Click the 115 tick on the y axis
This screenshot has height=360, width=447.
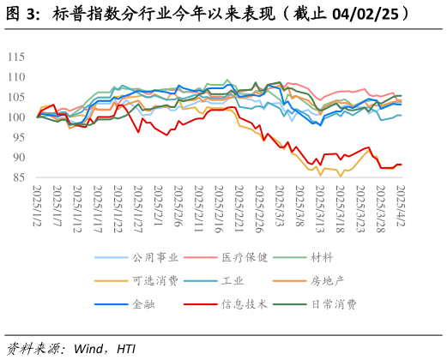click(x=15, y=57)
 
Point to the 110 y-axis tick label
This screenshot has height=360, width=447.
click(x=15, y=77)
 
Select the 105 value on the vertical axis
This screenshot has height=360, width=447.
click(x=15, y=97)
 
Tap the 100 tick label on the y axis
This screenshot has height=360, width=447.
click(x=15, y=117)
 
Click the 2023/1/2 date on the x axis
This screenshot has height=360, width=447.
click(x=37, y=203)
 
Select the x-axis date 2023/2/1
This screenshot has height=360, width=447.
click(x=159, y=203)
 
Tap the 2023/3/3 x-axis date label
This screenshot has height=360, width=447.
click(x=280, y=203)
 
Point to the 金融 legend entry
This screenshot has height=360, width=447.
click(x=144, y=303)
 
